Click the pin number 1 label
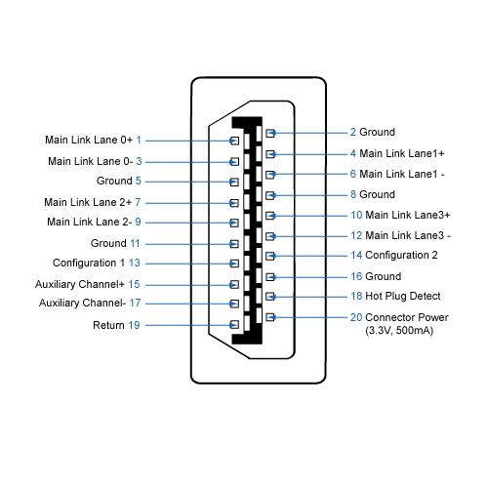[x=139, y=140]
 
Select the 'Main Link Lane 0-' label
[x=90, y=161]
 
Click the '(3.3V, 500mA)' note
[x=397, y=331]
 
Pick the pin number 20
[x=356, y=317]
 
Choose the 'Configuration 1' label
[x=89, y=264]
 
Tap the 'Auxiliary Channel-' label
[x=82, y=304]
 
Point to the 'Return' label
[x=108, y=324]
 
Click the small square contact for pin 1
[x=233, y=141]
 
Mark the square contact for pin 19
[x=233, y=324]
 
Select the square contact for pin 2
[x=271, y=133]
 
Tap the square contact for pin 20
[x=271, y=317]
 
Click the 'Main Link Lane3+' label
[x=408, y=215]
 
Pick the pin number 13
[x=135, y=264]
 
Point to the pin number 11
[x=135, y=243]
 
